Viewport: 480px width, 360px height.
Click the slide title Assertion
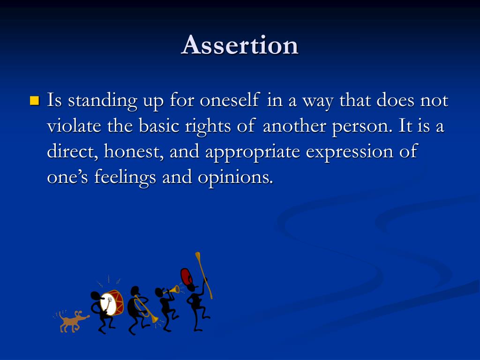pos(240,45)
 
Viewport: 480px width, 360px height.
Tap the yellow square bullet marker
pos(35,100)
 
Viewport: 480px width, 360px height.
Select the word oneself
pos(230,100)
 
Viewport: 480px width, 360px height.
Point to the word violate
pos(74,126)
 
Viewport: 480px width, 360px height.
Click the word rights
pos(208,127)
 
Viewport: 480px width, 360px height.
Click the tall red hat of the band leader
pos(186,277)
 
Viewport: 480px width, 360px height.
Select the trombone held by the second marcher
pos(146,308)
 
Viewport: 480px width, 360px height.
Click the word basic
pos(158,126)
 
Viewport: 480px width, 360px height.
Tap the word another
pos(294,126)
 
